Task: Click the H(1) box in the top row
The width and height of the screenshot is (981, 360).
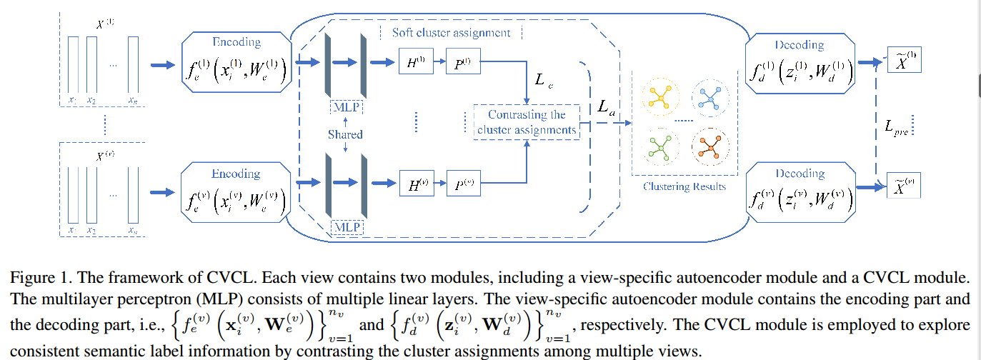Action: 417,64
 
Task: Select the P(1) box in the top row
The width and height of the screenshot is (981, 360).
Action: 462,64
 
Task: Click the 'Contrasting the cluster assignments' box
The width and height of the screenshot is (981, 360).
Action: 527,122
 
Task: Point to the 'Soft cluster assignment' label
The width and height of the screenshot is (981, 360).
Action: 451,33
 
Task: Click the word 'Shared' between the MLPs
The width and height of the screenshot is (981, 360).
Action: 345,134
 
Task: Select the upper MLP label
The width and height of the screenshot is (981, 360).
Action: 346,108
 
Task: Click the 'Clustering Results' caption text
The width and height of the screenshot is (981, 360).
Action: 684,187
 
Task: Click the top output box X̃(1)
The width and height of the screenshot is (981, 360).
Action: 904,61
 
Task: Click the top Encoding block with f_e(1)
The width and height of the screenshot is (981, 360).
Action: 237,62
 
